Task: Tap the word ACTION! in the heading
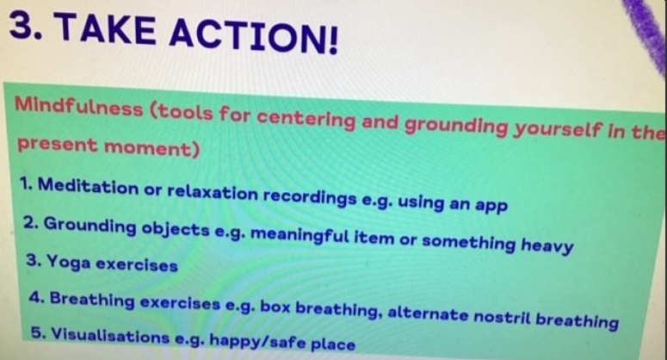[x=254, y=36]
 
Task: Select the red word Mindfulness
[x=78, y=107]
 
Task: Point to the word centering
[x=306, y=119]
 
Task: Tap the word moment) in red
[x=151, y=147]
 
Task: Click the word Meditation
[x=88, y=185]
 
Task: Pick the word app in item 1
[x=491, y=206]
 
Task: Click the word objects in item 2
[x=176, y=229]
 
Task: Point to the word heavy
[x=547, y=245]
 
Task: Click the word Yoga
[x=69, y=261]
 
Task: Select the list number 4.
[x=36, y=297]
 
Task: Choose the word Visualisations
[x=111, y=336]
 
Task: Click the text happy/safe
[x=258, y=341]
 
